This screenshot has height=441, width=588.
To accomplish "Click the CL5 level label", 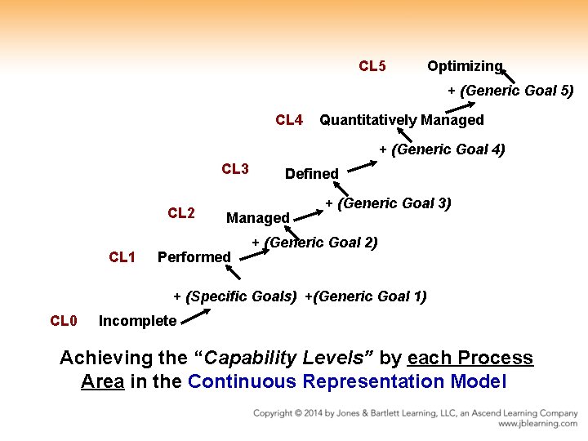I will [x=372, y=66].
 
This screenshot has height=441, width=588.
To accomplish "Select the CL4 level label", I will [x=289, y=120].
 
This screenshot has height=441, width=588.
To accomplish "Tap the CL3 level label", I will [x=235, y=169].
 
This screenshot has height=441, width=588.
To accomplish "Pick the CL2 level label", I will [x=181, y=213].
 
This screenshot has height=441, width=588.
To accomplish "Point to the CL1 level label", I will [x=122, y=257].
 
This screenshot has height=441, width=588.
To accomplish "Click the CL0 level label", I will [x=64, y=321].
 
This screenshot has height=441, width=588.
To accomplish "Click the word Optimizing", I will [x=465, y=66].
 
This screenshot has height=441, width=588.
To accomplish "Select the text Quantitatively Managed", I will [x=402, y=120].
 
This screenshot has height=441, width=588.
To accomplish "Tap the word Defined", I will [x=311, y=173].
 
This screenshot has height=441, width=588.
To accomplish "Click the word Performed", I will [x=194, y=257].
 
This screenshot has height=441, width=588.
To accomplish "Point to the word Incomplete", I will [x=137, y=321].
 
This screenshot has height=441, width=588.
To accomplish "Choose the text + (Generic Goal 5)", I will [x=510, y=91].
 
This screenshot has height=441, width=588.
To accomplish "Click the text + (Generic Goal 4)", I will [x=442, y=149].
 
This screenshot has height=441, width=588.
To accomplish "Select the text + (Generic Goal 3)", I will [x=388, y=203].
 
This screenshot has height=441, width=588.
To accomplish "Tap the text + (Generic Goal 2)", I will [x=314, y=243].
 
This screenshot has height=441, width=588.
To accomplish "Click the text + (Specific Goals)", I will [x=235, y=296].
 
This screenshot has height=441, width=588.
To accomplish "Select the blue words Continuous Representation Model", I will [x=347, y=381].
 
